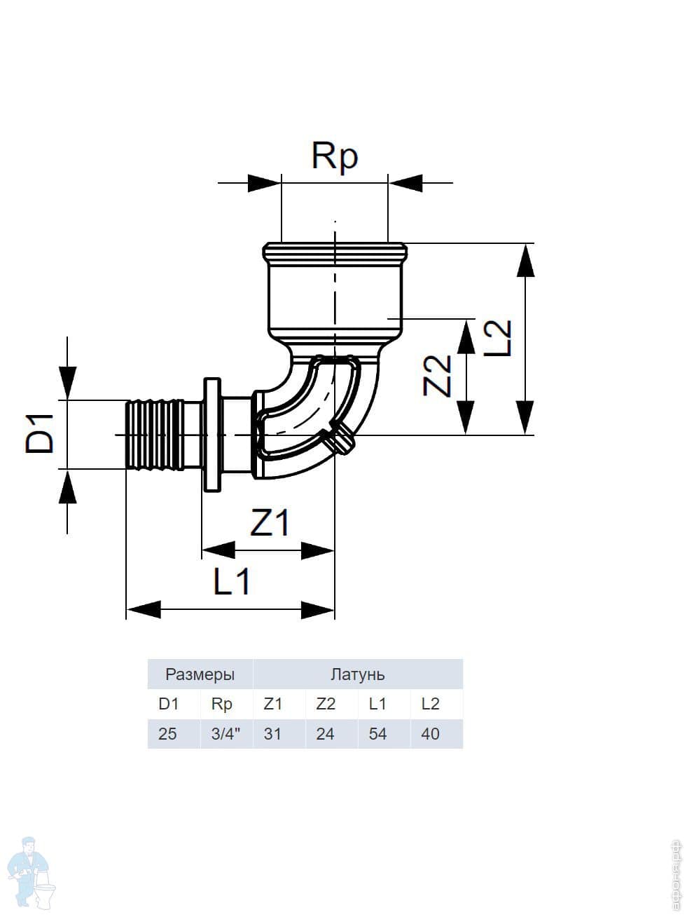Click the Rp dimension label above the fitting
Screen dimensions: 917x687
(x=335, y=156)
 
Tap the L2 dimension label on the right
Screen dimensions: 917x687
(x=499, y=338)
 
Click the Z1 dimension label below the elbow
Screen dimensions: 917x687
(x=270, y=522)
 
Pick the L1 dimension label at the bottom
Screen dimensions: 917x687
(x=232, y=581)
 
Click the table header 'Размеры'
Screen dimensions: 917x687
(x=200, y=674)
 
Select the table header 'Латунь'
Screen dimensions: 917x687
(x=357, y=674)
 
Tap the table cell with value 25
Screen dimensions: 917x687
(x=168, y=734)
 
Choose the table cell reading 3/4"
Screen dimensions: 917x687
(x=225, y=734)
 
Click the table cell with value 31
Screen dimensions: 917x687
(x=272, y=734)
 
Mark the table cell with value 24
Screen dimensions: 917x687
(x=325, y=734)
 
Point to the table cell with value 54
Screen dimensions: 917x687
(x=377, y=734)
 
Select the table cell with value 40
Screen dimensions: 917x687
(x=430, y=734)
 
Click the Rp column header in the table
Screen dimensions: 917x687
(x=221, y=704)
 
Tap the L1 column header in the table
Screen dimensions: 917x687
(x=377, y=704)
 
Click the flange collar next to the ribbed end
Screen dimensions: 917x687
(x=211, y=435)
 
